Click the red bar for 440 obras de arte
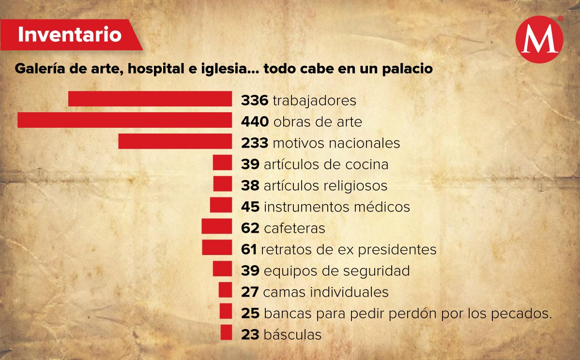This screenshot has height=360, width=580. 124,120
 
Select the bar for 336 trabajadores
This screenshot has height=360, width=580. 150,99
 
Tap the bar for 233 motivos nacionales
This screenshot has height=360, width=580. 175,142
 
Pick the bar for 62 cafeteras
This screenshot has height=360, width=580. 216,226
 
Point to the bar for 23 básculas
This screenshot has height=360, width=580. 226,333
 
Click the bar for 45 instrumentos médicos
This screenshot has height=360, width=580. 221,206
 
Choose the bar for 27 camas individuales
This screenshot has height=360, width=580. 225,290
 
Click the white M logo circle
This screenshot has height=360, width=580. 539,40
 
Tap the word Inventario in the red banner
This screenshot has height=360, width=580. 70,34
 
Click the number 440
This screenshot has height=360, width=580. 255,122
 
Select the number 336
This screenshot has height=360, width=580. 255,101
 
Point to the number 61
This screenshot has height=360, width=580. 249,250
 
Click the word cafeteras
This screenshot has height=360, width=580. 294,228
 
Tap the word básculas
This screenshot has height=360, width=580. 292,334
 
